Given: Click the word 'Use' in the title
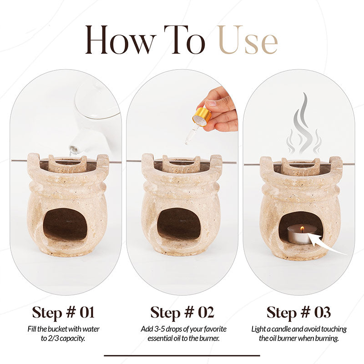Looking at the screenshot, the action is (248, 40).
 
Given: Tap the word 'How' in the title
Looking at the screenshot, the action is (118, 40).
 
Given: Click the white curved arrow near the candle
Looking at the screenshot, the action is (327, 246).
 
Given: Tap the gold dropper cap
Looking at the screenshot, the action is (202, 117).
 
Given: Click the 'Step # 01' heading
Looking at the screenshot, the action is (63, 313).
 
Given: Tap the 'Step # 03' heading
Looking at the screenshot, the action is (298, 313).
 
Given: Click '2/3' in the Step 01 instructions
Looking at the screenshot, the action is (53, 339).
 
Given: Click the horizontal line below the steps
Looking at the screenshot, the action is (182, 355).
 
